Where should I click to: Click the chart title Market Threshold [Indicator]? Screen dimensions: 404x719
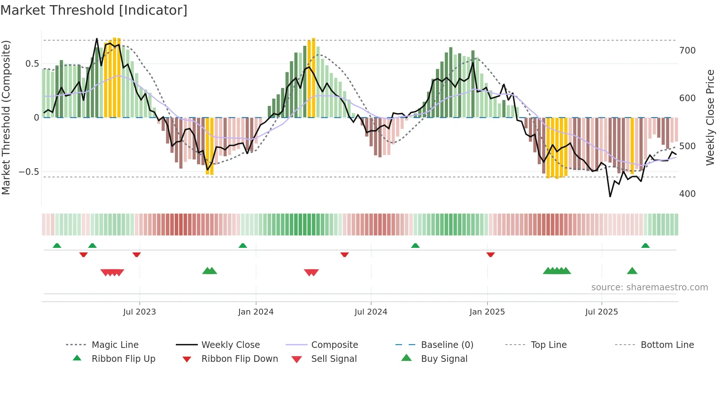[94, 10]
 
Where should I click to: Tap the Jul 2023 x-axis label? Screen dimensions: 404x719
[139, 312]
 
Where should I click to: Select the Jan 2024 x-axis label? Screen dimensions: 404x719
[256, 312]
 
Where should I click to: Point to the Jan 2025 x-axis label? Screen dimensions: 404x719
[487, 312]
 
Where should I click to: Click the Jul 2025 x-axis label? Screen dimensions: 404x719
[602, 312]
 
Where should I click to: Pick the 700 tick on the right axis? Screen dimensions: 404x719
[687, 51]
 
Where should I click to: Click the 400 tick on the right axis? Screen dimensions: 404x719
[687, 194]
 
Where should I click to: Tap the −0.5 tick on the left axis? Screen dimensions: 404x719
[29, 172]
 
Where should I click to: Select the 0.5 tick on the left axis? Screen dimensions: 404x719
[32, 64]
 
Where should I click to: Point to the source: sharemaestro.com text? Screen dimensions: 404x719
[649, 287]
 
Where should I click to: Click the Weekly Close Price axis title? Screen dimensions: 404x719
[710, 117]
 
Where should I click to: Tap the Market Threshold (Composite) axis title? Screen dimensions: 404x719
[6, 117]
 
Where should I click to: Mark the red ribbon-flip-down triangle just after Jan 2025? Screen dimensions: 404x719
[490, 254]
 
